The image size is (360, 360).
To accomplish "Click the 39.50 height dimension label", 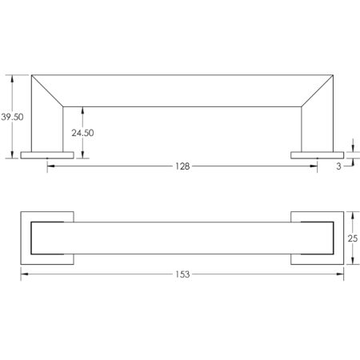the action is [x=12, y=117].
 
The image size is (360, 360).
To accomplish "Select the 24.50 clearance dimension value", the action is [x=82, y=133].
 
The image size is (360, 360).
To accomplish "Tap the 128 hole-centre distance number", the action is [x=182, y=166].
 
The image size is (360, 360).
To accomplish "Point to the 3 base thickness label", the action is [x=338, y=166].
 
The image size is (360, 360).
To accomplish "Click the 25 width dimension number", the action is [x=353, y=238].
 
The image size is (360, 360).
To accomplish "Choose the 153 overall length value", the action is [x=182, y=274].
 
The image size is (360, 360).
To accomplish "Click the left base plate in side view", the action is [x=47, y=155].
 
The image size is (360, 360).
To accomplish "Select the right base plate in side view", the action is [x=318, y=155].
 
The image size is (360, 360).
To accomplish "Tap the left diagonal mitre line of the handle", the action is [x=47, y=91].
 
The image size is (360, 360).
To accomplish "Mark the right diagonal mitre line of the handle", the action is [x=318, y=91].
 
